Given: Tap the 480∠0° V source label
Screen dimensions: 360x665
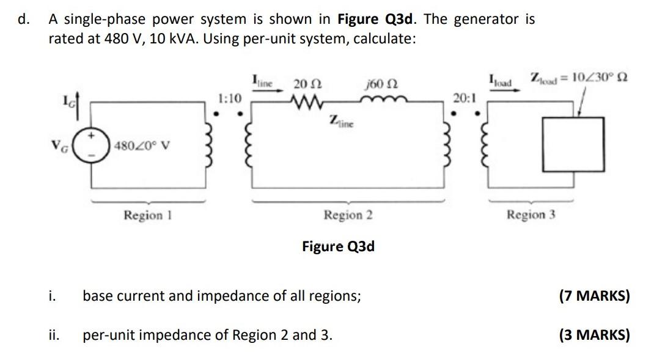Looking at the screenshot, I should [x=141, y=147].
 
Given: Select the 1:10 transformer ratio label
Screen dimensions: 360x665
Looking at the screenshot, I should [x=230, y=98].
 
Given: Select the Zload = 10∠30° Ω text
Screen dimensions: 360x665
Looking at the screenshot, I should [x=580, y=79].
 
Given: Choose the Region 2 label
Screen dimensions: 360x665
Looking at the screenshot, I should [x=348, y=215].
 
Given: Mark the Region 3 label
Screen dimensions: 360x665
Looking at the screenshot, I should [x=531, y=215].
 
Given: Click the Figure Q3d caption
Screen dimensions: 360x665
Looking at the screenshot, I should [x=338, y=246].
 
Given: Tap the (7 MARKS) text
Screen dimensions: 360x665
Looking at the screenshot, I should [x=594, y=296].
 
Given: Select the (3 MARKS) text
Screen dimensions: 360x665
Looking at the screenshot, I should [x=594, y=335].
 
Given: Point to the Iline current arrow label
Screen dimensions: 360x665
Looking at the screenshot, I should [x=265, y=80].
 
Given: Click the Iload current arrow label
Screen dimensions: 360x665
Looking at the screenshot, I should [x=501, y=80].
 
